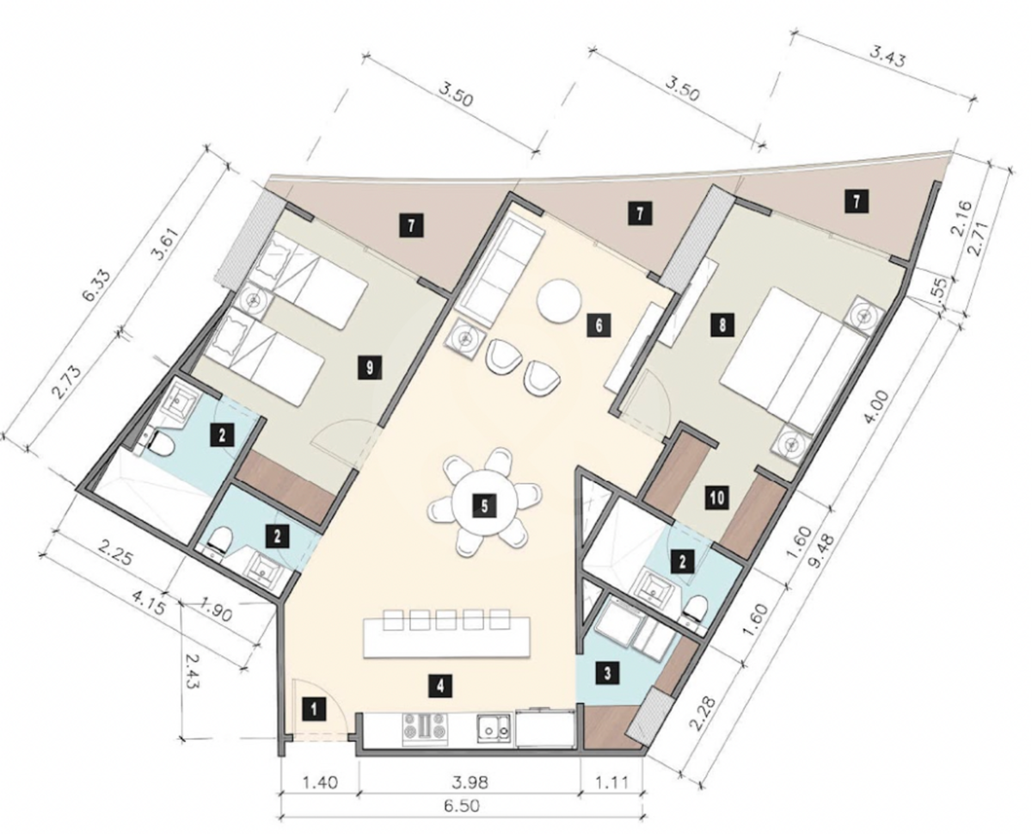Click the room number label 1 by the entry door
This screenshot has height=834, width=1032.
[x=314, y=710]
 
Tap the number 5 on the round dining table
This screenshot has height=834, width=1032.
[x=484, y=506]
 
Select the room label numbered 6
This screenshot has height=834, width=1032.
[x=599, y=324]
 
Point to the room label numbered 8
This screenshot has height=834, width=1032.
[x=722, y=324]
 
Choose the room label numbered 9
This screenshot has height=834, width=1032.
[x=370, y=368]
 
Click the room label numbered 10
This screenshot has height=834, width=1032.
[x=717, y=497]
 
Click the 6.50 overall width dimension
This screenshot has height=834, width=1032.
[x=461, y=806]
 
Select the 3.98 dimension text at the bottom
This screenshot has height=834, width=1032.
[x=470, y=782]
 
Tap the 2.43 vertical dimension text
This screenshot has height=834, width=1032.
[x=193, y=671]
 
